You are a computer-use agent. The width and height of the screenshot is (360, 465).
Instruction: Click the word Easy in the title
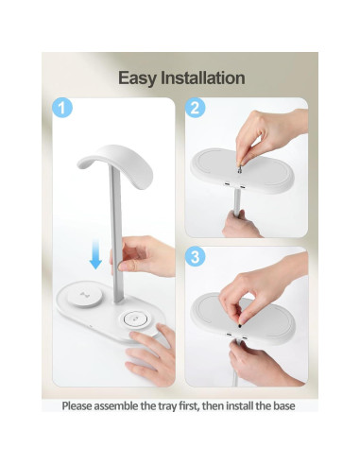pyautogui.click(x=137, y=77)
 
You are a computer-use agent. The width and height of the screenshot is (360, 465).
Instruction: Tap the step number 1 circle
pyautogui.click(x=60, y=108)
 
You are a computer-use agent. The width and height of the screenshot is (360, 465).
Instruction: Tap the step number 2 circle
pyautogui.click(x=197, y=108)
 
